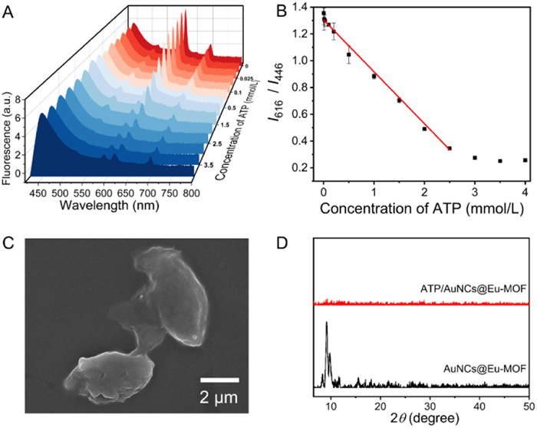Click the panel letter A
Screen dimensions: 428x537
[x=9, y=11]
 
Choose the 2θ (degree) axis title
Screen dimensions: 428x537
[x=426, y=419]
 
